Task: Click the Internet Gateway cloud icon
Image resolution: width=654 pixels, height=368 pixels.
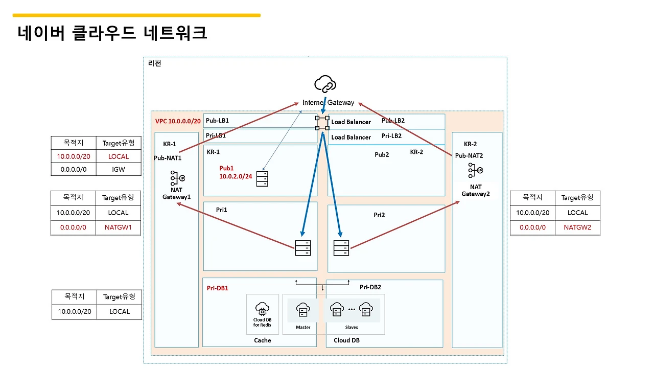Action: coord(325,83)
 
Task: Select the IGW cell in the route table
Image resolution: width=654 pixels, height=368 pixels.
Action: coord(119,169)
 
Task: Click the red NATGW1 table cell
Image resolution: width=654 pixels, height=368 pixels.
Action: coord(119,227)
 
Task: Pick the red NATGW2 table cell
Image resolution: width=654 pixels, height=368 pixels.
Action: coord(577,227)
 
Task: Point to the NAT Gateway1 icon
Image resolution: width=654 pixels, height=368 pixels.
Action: coord(177,178)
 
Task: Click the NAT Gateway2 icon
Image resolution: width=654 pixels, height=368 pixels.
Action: coord(475,171)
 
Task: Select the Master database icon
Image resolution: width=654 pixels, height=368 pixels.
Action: coord(303,310)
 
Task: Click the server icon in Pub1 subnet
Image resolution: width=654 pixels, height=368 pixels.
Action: coord(262,178)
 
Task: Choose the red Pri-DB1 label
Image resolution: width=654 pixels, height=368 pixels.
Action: coord(217,288)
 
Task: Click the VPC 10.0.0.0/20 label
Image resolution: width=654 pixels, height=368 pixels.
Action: coord(178,122)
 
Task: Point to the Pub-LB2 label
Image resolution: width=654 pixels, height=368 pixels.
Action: coord(393,121)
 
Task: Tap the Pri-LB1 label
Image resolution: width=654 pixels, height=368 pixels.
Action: coord(216,136)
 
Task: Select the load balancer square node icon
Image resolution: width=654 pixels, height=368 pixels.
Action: coord(322,122)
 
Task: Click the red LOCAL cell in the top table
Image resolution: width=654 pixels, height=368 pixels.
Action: coord(119,156)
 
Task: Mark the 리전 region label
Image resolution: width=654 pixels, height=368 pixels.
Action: coord(154,63)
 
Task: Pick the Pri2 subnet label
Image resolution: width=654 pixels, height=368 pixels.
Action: coord(379,215)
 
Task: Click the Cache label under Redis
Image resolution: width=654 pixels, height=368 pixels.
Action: coord(263,340)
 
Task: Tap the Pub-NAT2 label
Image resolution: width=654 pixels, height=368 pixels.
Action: coord(469,155)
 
